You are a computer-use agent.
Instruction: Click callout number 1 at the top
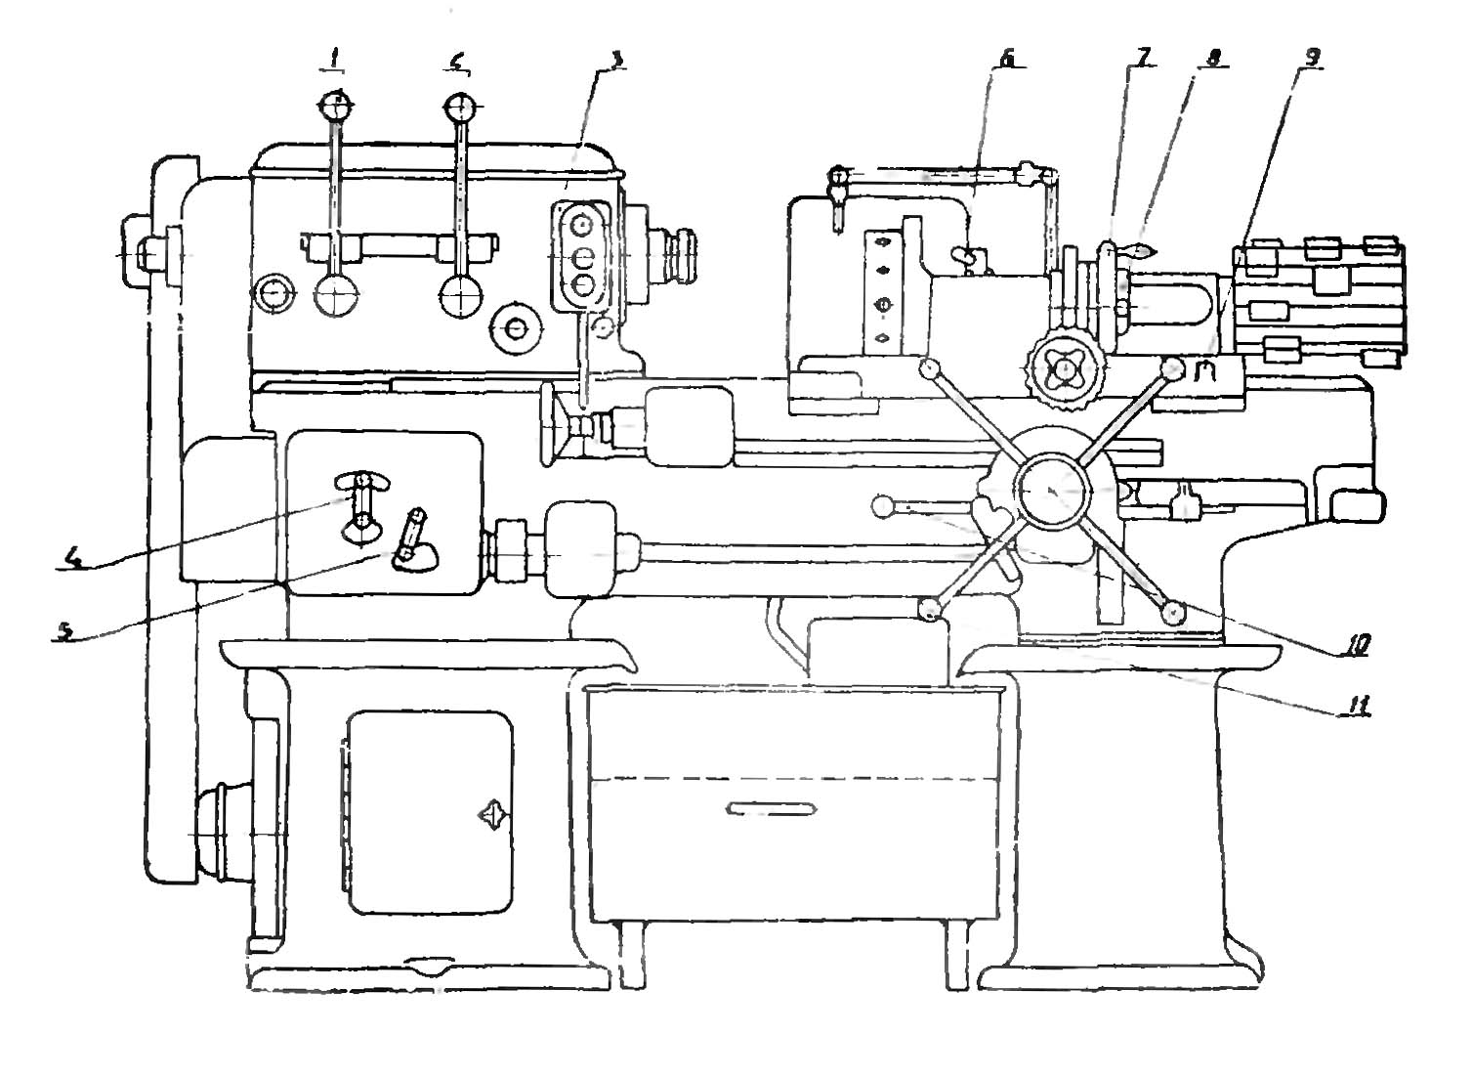click(334, 61)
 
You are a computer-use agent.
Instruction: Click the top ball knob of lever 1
click(335, 104)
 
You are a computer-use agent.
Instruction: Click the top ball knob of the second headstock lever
click(459, 105)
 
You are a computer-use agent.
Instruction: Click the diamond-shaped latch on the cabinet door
click(490, 814)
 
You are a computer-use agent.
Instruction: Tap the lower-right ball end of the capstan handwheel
click(1173, 612)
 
